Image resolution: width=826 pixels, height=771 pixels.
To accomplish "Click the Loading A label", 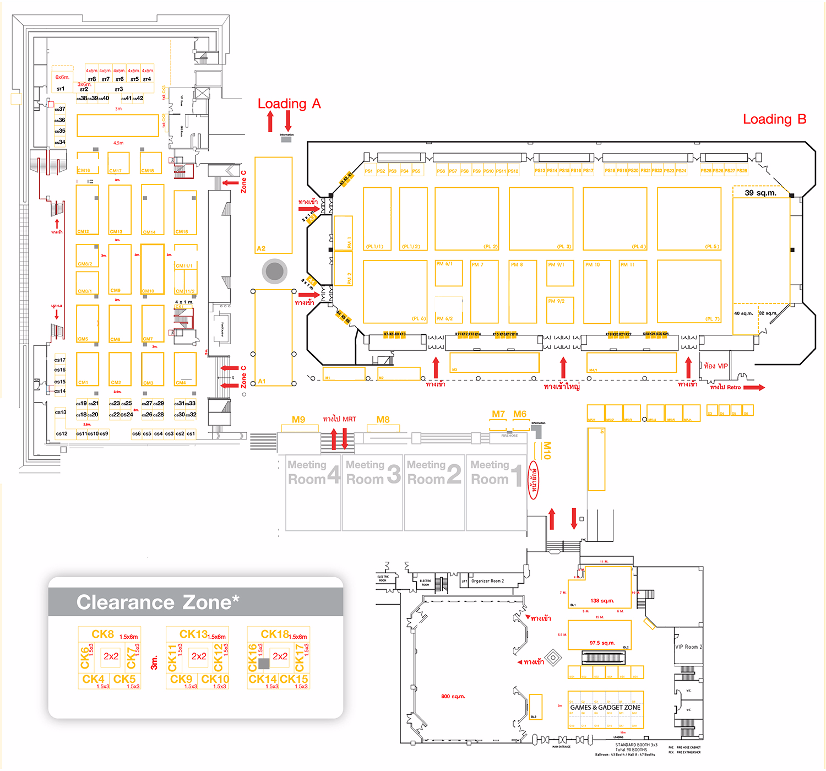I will click(289, 104).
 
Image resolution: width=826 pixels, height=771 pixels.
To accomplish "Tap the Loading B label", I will click(774, 119).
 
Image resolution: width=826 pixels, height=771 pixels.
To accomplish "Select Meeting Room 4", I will click(313, 473).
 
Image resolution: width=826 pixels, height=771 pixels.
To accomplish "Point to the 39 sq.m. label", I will click(760, 193).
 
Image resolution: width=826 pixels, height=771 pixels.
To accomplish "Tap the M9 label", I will click(298, 420).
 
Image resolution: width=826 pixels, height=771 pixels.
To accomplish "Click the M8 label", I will click(383, 420).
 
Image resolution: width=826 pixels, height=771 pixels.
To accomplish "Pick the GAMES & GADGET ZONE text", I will click(605, 707).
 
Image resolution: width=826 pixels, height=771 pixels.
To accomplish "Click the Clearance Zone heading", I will click(157, 602).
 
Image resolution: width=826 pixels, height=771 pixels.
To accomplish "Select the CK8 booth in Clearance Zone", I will click(103, 634).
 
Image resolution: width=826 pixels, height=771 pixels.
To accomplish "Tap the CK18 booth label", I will click(275, 634).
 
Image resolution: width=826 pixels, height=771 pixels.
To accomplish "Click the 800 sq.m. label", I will click(453, 697).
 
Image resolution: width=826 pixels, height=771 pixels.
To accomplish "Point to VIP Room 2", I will click(688, 647).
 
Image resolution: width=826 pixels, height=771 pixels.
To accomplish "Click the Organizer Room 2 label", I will click(487, 581).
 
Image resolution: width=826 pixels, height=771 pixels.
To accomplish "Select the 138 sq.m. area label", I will click(602, 601).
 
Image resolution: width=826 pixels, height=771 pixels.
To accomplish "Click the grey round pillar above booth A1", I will click(274, 270).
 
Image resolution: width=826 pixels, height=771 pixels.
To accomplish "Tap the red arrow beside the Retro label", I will click(754, 388).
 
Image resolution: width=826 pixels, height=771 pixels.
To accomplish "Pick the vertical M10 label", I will click(546, 450).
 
